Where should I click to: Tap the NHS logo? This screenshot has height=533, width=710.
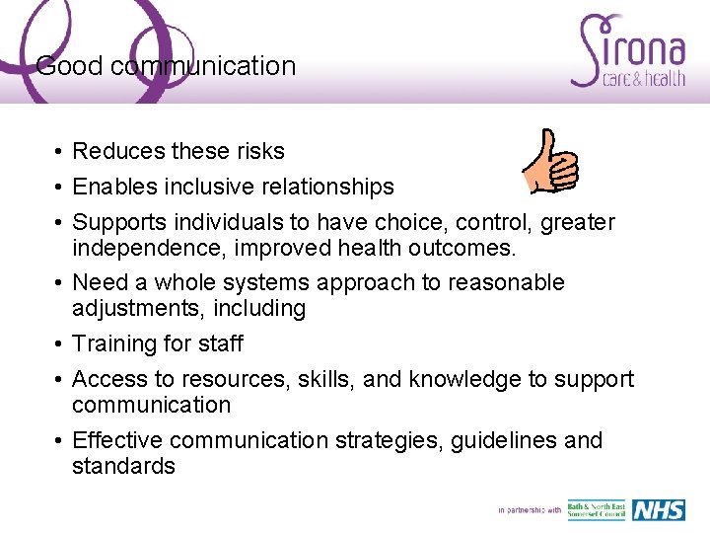click(658, 510)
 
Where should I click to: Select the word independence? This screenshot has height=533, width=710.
click(140, 248)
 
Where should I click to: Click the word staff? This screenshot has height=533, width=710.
click(217, 343)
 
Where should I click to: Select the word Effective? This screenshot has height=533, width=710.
click(118, 440)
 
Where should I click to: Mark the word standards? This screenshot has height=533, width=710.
click(123, 466)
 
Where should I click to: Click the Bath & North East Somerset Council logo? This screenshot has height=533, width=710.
click(596, 510)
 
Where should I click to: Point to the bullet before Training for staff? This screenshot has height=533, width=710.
click(59, 344)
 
